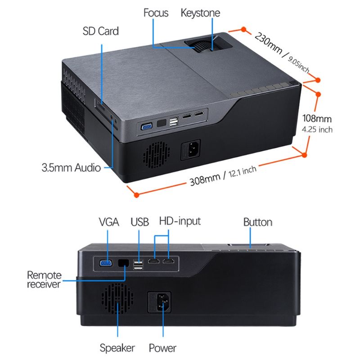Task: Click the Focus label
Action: pos(156,13)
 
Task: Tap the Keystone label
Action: pos(200,13)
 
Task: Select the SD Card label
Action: pos(100,31)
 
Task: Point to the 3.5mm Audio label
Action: pos(71,167)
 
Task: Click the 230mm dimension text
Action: pos(268,43)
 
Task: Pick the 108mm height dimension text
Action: pos(317,118)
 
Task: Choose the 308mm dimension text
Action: pos(205,179)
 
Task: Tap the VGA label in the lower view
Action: pos(109,222)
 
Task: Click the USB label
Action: pos(139,222)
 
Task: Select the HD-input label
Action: pos(180,221)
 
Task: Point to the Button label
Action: pos(257,222)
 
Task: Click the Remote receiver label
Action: pos(44,279)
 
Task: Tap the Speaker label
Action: pos(117,348)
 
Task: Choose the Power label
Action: pos(162,348)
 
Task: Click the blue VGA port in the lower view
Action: pos(106,263)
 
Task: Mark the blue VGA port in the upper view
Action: pos(147,126)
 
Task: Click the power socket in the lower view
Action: pos(159,302)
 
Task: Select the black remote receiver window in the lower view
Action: pos(123,263)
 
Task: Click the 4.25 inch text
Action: pos(317,130)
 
